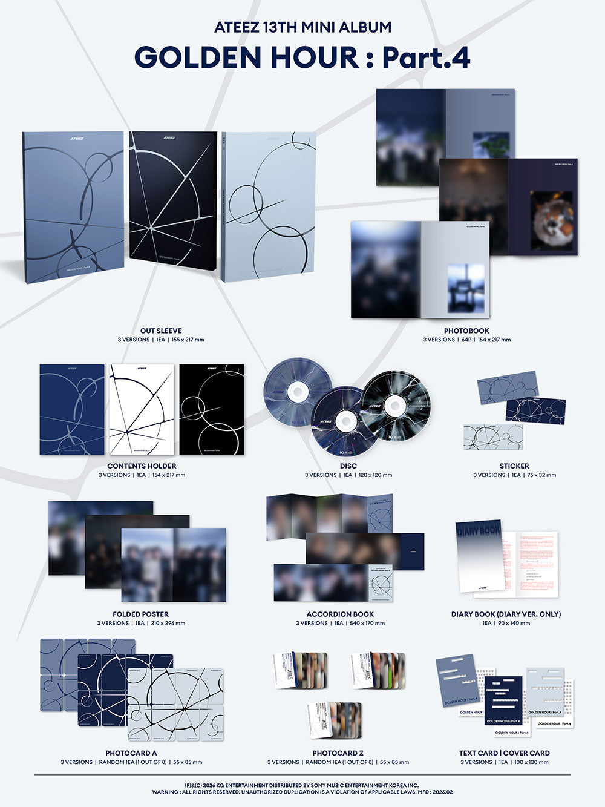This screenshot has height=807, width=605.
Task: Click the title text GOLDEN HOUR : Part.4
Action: pos(302,58)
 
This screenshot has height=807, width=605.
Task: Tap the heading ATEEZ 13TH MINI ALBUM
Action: pos(302,27)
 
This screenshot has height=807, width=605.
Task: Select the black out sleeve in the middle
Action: pos(173,206)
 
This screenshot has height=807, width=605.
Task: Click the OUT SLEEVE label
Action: pos(161,331)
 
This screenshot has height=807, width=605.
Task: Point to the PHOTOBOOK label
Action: pos(466,331)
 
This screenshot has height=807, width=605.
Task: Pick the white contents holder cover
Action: pos(142,409)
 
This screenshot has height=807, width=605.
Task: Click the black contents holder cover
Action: pos(212,409)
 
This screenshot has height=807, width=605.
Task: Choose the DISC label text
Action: pos(348,466)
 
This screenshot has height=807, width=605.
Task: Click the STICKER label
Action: pos(514,466)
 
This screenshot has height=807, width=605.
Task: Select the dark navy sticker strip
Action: pos(535,410)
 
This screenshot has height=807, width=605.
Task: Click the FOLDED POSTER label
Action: pos(140,614)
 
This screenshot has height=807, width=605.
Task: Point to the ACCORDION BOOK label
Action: pos(340,614)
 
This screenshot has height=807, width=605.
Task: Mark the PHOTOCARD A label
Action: pos(131,753)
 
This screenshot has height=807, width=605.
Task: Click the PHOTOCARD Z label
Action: pos(338,753)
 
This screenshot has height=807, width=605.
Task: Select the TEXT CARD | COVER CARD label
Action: pos(505,753)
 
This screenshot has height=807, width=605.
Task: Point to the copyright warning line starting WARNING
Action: pos(302,792)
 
